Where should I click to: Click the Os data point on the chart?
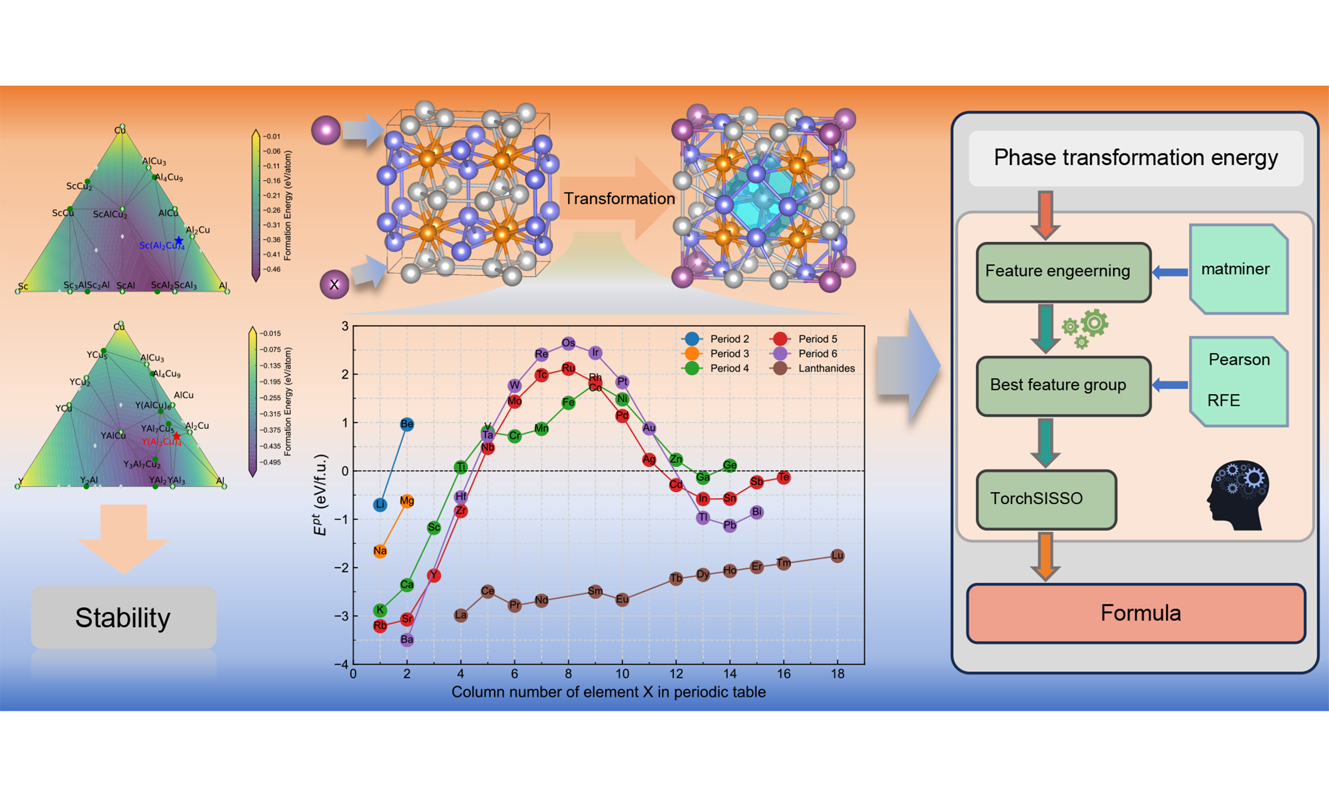(x=568, y=342)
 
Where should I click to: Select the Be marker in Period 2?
(x=406, y=424)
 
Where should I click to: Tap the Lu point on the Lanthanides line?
(x=837, y=555)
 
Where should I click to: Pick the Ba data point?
(x=406, y=639)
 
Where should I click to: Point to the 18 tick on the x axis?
(x=837, y=674)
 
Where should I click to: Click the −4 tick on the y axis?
(x=341, y=664)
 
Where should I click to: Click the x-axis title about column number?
(x=608, y=692)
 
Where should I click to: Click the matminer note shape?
(x=1238, y=269)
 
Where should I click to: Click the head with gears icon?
(x=1239, y=495)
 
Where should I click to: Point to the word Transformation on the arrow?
(x=619, y=199)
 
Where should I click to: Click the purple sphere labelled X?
(x=334, y=285)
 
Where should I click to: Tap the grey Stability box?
(x=124, y=617)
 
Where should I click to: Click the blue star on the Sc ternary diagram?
(x=179, y=241)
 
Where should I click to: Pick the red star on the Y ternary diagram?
(x=176, y=436)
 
